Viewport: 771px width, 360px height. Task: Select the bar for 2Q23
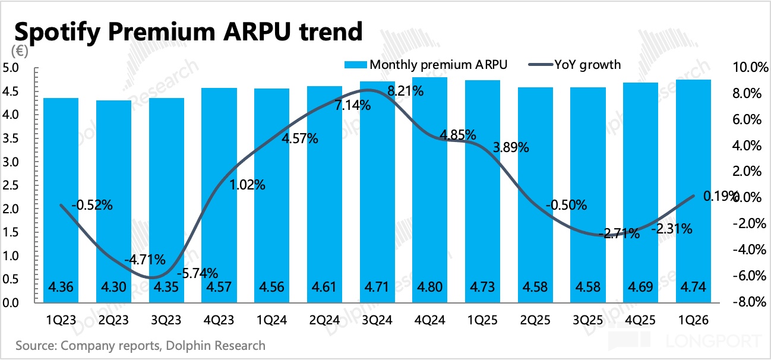[113, 202]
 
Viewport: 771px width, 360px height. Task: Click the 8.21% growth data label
[405, 91]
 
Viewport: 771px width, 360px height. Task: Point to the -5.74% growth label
[200, 274]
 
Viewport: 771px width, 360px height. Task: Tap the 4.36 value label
[61, 288]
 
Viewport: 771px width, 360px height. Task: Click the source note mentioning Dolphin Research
[141, 345]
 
